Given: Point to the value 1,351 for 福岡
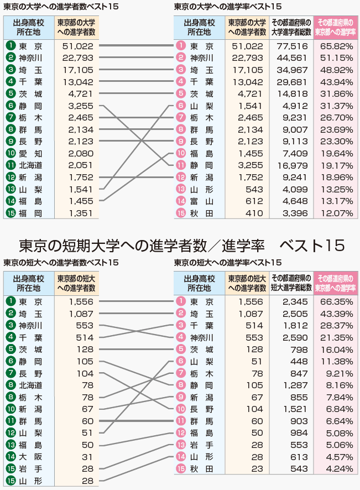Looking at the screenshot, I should tap(81, 213).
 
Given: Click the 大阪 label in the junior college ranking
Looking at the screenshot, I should tap(30, 457).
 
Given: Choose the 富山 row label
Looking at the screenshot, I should tap(201, 201).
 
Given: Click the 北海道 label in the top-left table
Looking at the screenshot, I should tap(30, 165).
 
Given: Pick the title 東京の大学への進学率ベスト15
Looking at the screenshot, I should tap(228, 7).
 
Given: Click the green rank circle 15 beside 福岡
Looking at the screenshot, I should tap(11, 213).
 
